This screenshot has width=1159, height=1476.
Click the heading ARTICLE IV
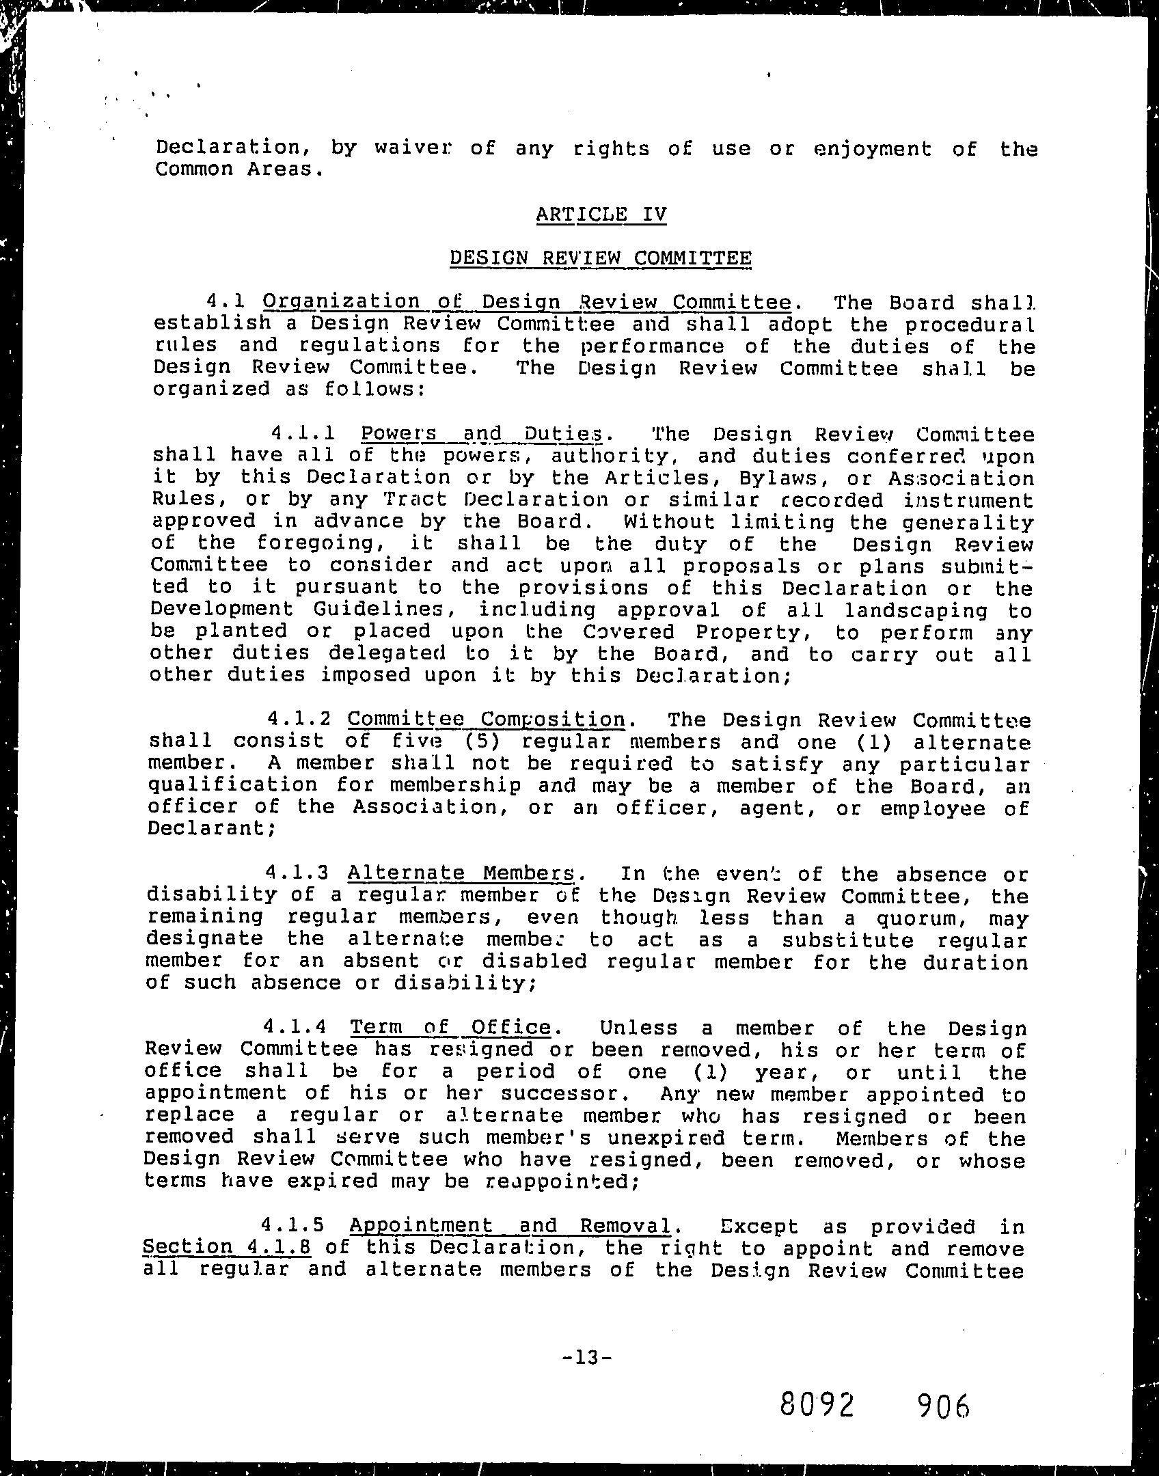(x=601, y=215)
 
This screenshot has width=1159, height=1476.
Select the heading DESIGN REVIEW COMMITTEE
(x=601, y=258)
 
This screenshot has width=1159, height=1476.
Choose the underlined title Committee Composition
(x=487, y=719)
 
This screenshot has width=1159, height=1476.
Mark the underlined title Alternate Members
(x=461, y=873)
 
